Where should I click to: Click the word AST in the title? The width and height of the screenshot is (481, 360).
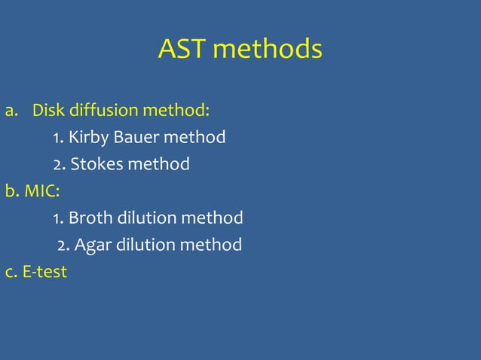[x=182, y=50]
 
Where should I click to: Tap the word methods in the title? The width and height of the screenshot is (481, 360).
[x=268, y=50]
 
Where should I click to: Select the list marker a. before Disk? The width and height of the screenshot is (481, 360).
[x=11, y=111]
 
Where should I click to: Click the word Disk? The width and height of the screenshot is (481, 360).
[x=48, y=111]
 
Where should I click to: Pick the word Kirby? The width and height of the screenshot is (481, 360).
[x=89, y=138]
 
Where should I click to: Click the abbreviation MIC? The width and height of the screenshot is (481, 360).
[x=42, y=191]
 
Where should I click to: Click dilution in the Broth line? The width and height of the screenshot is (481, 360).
[x=147, y=218]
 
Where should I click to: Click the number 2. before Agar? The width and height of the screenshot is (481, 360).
[x=63, y=245]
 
